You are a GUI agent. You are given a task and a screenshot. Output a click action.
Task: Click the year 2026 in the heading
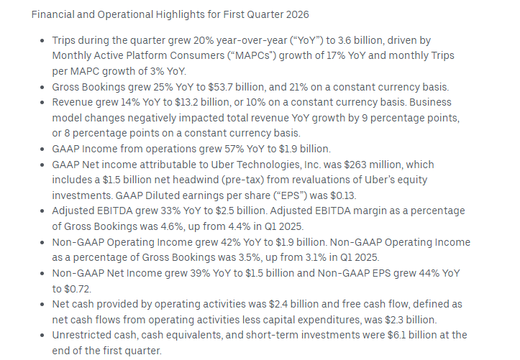298,14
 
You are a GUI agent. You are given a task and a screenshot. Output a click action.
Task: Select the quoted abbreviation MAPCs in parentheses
252,55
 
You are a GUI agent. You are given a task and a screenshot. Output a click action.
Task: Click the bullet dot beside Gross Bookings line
42,88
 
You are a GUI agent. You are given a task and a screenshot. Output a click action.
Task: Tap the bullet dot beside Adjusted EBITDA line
42,211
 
